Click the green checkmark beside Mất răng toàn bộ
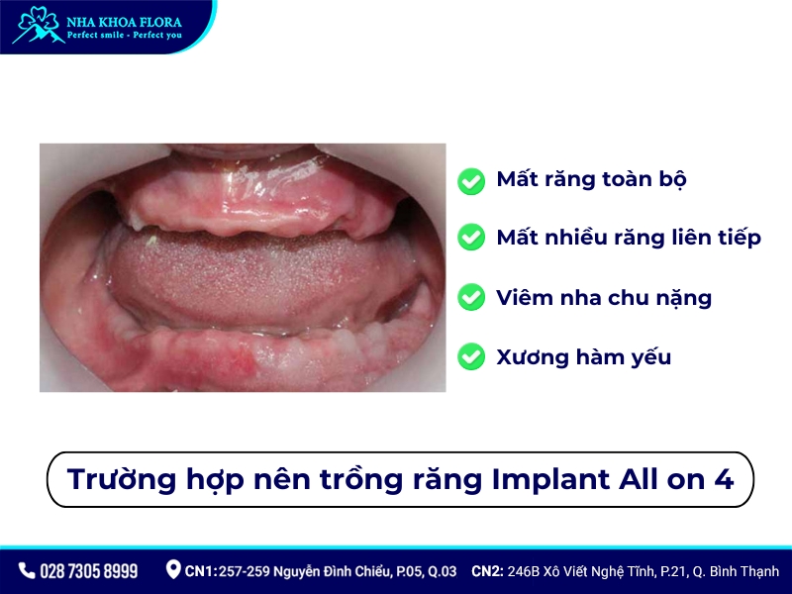[x=471, y=180]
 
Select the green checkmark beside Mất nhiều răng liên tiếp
[x=471, y=239]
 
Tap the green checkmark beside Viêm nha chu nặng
[x=471, y=297]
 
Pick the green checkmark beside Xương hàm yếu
[x=471, y=356]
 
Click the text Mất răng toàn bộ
[x=591, y=180]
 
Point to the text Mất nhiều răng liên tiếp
[x=629, y=239]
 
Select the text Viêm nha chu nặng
[x=603, y=297]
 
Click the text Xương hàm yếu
[x=583, y=357]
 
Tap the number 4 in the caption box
[x=723, y=479]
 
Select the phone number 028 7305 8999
[x=89, y=571]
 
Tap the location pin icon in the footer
[x=173, y=570]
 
